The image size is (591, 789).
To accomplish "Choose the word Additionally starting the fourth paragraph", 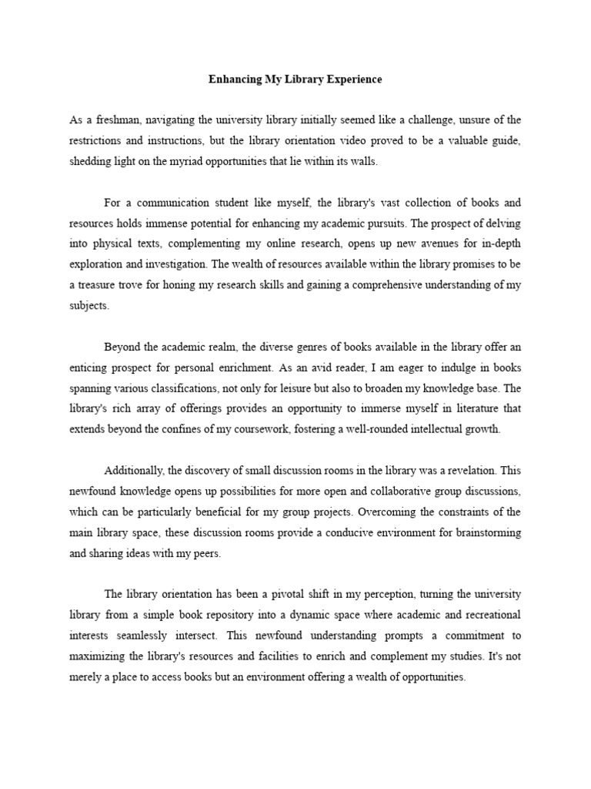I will click(135, 470).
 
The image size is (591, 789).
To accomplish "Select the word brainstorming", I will click(484, 532).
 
